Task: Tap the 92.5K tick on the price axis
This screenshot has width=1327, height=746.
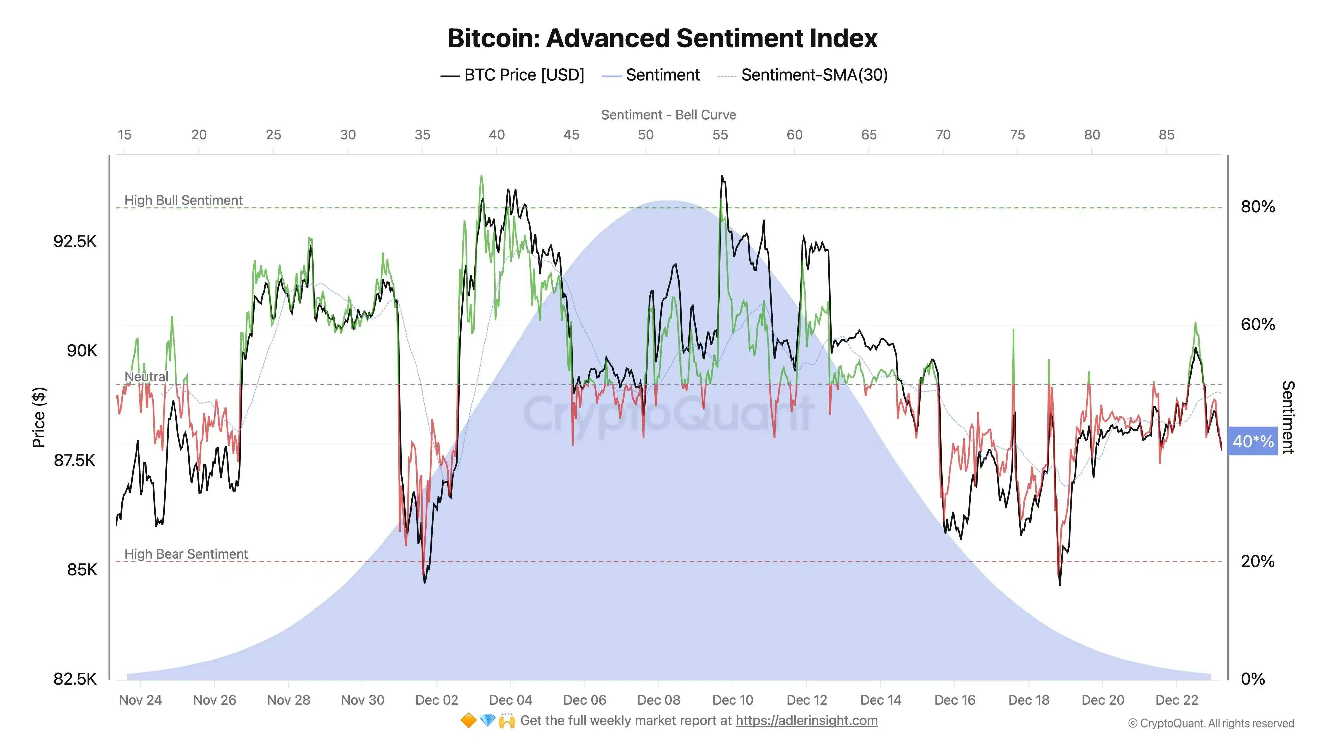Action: pyautogui.click(x=75, y=241)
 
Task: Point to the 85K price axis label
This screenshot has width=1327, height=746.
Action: pyautogui.click(x=82, y=569)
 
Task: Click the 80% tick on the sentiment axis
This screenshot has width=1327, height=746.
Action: pyautogui.click(x=1257, y=207)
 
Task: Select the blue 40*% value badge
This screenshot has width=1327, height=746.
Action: pyautogui.click(x=1252, y=441)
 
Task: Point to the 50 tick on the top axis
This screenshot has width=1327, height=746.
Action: pyautogui.click(x=646, y=135)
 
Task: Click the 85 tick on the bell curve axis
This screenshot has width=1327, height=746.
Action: pyautogui.click(x=1166, y=135)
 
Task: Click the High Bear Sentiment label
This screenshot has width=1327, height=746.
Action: pyautogui.click(x=186, y=554)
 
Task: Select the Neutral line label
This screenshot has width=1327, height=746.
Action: pyautogui.click(x=146, y=376)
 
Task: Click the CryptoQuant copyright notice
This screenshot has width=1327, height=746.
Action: pyautogui.click(x=1211, y=723)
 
